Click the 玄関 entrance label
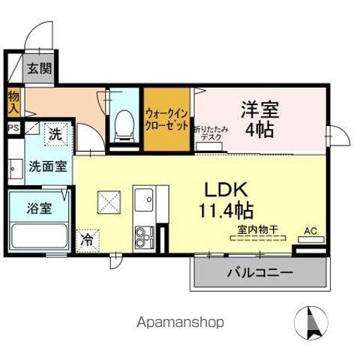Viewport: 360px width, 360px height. coord(40,69)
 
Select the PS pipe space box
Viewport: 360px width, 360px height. coord(13,127)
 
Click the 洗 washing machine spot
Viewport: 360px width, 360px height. coord(55,135)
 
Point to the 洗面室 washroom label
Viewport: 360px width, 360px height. coord(46,166)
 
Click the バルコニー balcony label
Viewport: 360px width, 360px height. coord(260,271)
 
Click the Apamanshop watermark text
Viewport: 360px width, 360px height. coord(179,323)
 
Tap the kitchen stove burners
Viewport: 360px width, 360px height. coord(142,240)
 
